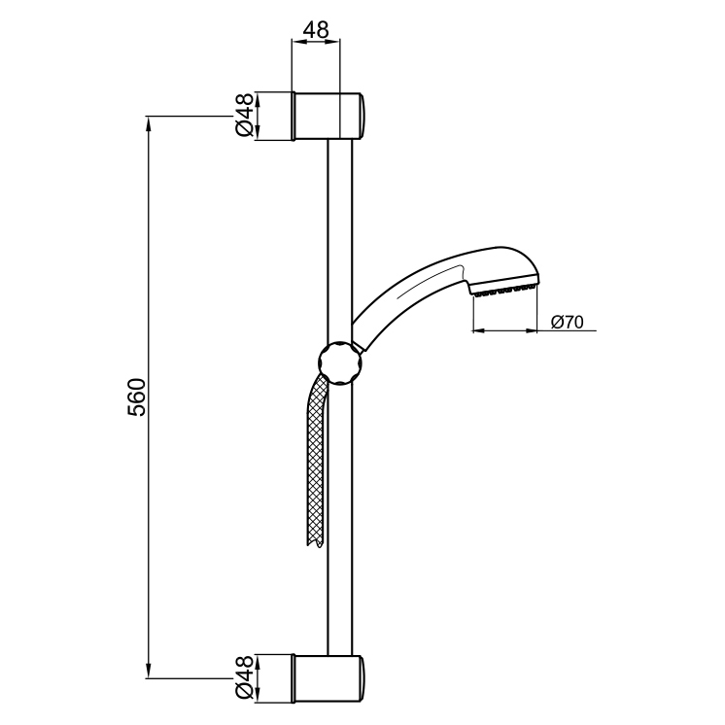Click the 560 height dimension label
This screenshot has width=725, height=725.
[x=137, y=397]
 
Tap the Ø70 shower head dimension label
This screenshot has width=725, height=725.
[x=567, y=322]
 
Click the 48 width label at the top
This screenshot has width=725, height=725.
[x=315, y=30]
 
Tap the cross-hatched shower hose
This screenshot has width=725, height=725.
[x=313, y=457]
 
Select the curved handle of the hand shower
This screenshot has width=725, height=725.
[x=408, y=296]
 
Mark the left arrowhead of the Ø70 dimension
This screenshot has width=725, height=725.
[x=477, y=331]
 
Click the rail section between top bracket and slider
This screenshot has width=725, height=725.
[x=338, y=233]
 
